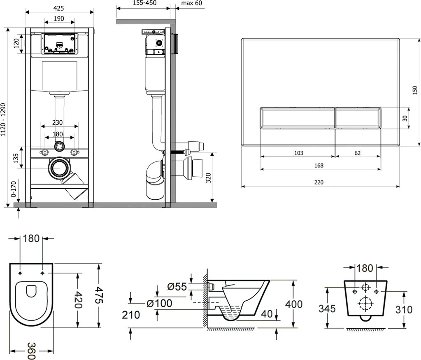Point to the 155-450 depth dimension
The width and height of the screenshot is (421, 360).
[143, 3]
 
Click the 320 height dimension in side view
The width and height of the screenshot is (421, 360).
[209, 178]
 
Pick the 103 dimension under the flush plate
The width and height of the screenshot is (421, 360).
[299, 153]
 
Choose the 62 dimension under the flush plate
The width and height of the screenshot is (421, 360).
[357, 153]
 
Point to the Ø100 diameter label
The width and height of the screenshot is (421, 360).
[159, 304]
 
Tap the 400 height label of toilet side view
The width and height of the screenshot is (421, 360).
[294, 304]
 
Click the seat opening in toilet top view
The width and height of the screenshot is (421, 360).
[31, 291]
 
